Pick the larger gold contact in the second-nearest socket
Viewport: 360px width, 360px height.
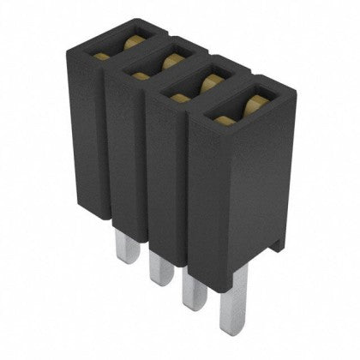(x=209, y=83)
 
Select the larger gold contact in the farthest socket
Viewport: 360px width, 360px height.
(x=135, y=39)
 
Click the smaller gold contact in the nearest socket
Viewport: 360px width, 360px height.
(x=222, y=120)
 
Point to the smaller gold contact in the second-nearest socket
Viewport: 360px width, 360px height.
(x=180, y=98)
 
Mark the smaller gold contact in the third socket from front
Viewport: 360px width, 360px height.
(x=141, y=76)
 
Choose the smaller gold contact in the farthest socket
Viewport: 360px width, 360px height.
(x=102, y=57)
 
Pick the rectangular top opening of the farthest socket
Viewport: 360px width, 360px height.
(x=120, y=46)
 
